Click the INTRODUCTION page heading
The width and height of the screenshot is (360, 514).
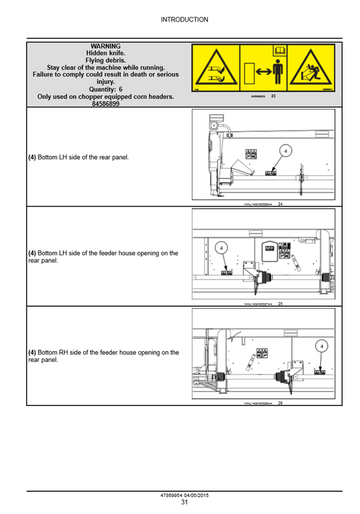[x=184, y=20]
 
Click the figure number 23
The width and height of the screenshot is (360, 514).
[x=273, y=97]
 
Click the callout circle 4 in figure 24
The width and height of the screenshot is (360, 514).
[x=286, y=151]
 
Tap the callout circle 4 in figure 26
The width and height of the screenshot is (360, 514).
[x=322, y=346]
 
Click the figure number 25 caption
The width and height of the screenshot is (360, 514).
[x=280, y=304]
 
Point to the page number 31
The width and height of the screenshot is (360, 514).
[x=184, y=502]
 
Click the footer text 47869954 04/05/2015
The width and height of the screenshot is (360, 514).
[x=184, y=495]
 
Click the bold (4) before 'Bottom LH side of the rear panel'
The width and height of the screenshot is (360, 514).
[x=32, y=157]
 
